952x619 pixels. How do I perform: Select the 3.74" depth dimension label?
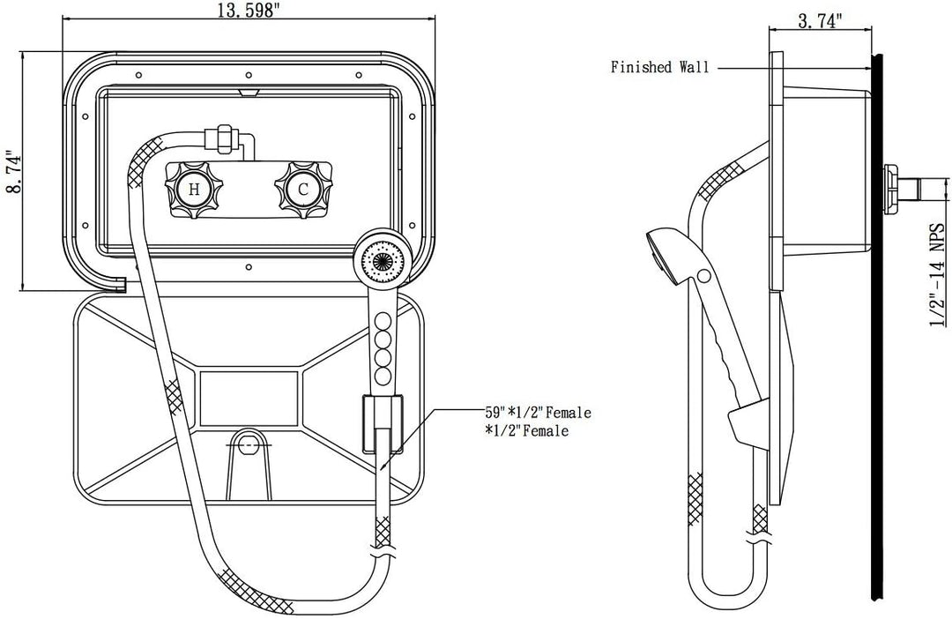[x=821, y=22]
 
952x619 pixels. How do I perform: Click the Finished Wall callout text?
[x=659, y=67]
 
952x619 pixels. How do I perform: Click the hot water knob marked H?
[x=193, y=188]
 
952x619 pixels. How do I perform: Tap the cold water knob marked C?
[x=302, y=188]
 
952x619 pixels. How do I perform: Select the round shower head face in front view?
[x=383, y=262]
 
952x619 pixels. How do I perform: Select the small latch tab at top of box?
[x=248, y=91]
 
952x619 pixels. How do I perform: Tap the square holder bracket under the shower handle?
[x=382, y=420]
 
